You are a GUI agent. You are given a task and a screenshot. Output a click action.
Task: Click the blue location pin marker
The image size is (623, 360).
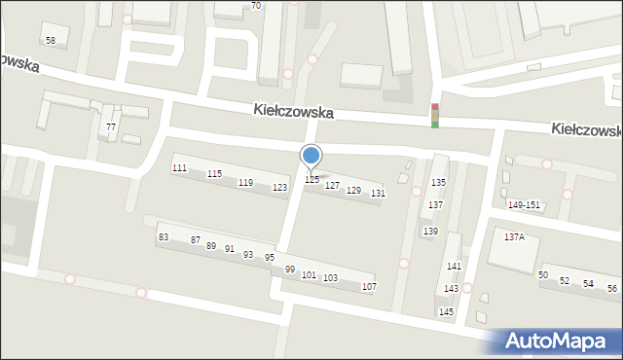pos(311,156)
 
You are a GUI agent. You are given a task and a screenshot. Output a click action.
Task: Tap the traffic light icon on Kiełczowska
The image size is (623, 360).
pos(435,115)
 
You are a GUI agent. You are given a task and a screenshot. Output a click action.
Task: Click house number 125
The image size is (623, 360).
pos(312,180)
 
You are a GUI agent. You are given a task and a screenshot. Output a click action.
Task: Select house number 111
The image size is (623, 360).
pos(179,168)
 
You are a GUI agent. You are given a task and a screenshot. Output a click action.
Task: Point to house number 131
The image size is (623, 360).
pos(378,194)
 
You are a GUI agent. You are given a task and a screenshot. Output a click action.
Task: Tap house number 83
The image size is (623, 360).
pos(164,237)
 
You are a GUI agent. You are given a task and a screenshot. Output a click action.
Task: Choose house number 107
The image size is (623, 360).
pos(369,287)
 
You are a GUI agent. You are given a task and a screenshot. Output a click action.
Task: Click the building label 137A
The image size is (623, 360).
pos(514,236)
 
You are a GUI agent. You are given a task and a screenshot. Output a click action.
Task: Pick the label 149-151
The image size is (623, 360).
pos(524,205)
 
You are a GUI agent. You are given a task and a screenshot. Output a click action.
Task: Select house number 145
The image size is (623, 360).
pos(446,311)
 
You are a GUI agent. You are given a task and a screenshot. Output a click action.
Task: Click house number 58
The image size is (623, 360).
pos(51,40)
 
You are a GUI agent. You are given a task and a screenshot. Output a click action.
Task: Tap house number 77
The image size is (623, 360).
pos(111,127)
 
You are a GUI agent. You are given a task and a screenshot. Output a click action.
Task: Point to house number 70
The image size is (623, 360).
pos(256,6)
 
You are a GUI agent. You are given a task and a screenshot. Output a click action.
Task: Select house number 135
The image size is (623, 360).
pos(439,183)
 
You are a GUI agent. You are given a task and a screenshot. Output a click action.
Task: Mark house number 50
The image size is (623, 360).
pos(543,275)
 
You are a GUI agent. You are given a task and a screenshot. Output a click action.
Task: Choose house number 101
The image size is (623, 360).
pos(309,275)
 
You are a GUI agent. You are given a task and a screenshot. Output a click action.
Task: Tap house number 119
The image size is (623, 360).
pos(245,183)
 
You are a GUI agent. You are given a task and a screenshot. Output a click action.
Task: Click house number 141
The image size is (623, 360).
pos(454,267)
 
